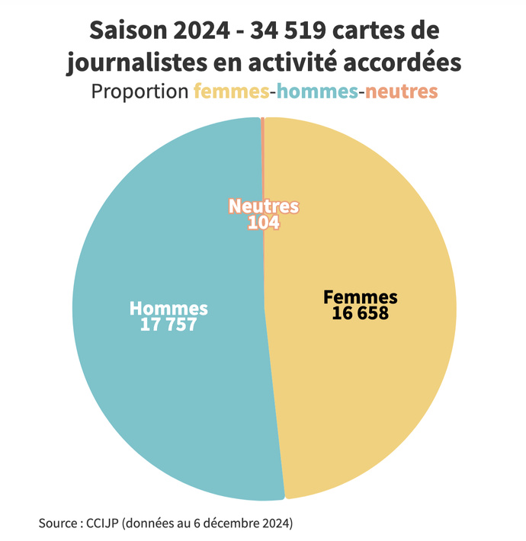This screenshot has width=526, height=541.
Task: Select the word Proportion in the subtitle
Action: tap(140, 92)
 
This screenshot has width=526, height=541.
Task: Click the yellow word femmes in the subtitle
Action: tap(231, 92)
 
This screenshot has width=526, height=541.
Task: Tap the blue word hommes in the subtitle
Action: tap(317, 92)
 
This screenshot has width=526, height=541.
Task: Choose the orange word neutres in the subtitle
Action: tap(400, 92)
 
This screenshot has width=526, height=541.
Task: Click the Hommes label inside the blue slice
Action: tap(168, 309)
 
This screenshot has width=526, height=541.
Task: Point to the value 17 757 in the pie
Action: tap(168, 324)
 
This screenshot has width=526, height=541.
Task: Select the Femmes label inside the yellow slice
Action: tap(361, 297)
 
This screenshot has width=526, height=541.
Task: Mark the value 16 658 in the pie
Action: tap(361, 312)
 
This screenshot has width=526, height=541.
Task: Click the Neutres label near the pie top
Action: tap(264, 206)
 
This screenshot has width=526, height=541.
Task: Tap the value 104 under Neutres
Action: tap(264, 222)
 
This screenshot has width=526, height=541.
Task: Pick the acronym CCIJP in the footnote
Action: tap(104, 523)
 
